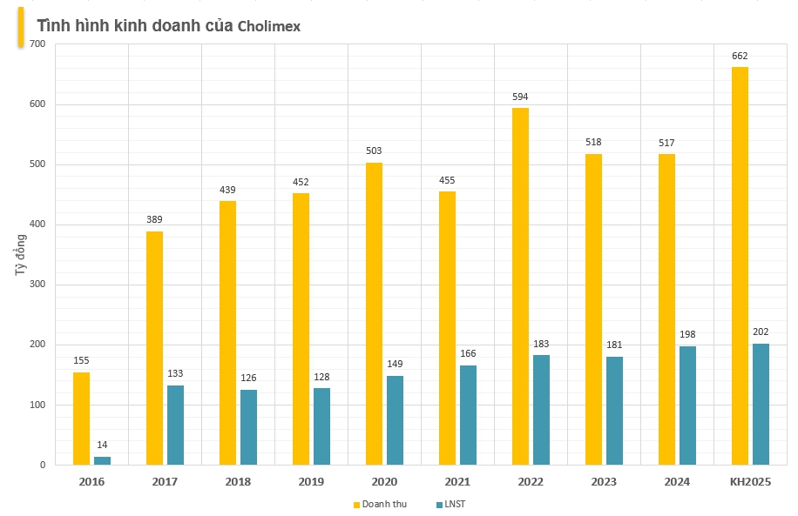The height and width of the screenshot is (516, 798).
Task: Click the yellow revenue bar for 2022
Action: (520, 286)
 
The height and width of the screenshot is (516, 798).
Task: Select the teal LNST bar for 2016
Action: (103, 460)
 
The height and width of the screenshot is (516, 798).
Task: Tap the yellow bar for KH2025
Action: (740, 265)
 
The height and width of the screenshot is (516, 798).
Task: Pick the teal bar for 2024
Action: (687, 405)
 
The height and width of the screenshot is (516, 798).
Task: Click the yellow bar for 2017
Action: (154, 348)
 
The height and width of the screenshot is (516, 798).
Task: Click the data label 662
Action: (740, 56)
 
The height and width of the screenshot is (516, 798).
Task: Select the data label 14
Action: (103, 445)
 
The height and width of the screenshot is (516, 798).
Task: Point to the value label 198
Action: (687, 334)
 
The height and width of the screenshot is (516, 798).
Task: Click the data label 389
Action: (154, 219)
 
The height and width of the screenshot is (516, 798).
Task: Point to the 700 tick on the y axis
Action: (37, 44)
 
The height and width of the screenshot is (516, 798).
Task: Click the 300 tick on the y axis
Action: (37, 285)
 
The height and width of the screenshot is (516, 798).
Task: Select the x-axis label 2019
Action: (311, 482)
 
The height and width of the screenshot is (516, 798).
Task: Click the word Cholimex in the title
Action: (269, 26)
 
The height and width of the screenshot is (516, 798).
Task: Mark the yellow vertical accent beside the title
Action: (21, 26)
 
